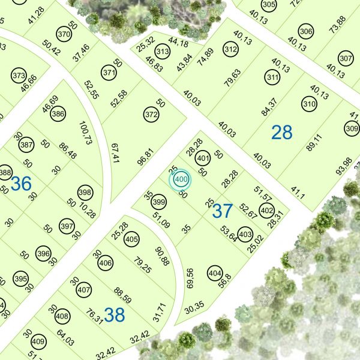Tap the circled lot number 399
pos(158,201)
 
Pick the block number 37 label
pos(222,211)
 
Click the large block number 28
pos(281,132)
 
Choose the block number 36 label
pos(21,184)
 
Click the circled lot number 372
pos(151,113)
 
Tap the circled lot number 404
pos(214,272)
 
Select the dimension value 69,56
pos(190,279)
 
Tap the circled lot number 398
pos(85,193)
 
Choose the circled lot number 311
pos(273,77)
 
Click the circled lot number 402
pos(267,211)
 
